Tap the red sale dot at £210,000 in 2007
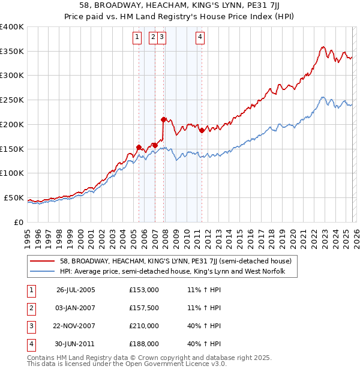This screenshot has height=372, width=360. tap(163, 119)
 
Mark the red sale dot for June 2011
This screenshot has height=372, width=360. tap(202, 130)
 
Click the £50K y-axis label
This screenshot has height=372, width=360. tap(14, 197)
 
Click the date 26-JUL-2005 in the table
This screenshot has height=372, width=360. tap(76, 290)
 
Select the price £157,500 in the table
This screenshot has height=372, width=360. tap(144, 308)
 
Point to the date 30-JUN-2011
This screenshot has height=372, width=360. tap(76, 344)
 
